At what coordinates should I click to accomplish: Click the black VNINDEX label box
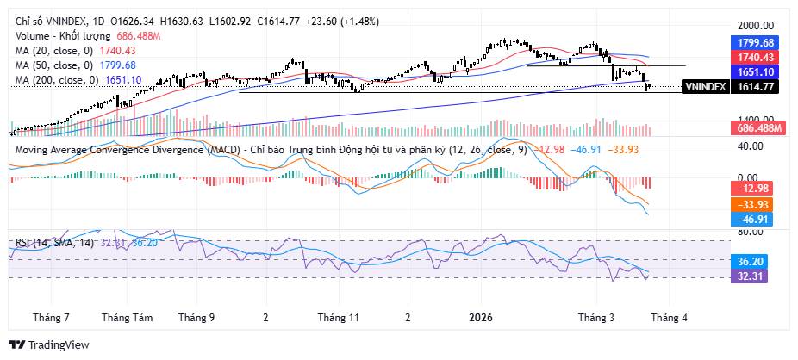tap(704, 87)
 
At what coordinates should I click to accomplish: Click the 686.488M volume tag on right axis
tap(754, 128)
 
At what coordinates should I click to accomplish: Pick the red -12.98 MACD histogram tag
tap(754, 189)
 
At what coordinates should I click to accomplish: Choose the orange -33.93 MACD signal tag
tap(754, 204)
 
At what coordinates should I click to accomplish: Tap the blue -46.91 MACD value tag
tap(754, 220)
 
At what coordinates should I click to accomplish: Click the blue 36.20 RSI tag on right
tap(754, 261)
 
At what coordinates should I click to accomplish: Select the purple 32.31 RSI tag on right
tap(754, 276)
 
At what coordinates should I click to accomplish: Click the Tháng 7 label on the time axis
tap(51, 317)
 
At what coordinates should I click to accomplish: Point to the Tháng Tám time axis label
tap(127, 317)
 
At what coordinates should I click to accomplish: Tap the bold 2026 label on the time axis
tap(483, 317)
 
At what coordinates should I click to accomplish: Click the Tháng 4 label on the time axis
tap(668, 317)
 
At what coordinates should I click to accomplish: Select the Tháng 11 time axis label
tap(338, 317)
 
